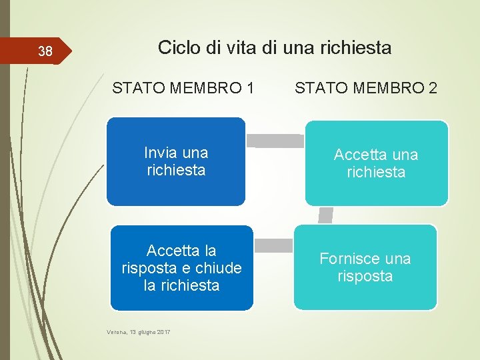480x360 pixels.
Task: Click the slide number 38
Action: [x=45, y=51]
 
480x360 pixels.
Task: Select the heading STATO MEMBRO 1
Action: [x=183, y=87]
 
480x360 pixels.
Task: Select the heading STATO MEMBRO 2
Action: [x=366, y=87]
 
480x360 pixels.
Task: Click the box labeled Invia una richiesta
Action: [x=176, y=161]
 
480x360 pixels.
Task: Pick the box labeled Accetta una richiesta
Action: [x=376, y=163]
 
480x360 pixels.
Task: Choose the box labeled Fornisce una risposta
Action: [x=365, y=267]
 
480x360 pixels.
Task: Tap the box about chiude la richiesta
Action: [x=181, y=268]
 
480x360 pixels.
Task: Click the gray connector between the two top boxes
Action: [x=275, y=140]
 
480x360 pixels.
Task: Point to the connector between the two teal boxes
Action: [x=326, y=215]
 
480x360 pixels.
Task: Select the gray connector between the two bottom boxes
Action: [x=274, y=245]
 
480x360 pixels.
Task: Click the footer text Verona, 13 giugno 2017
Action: [x=139, y=331]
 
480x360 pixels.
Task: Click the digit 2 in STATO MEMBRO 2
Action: [x=433, y=87]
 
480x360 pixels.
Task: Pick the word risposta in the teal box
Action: [x=365, y=276]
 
